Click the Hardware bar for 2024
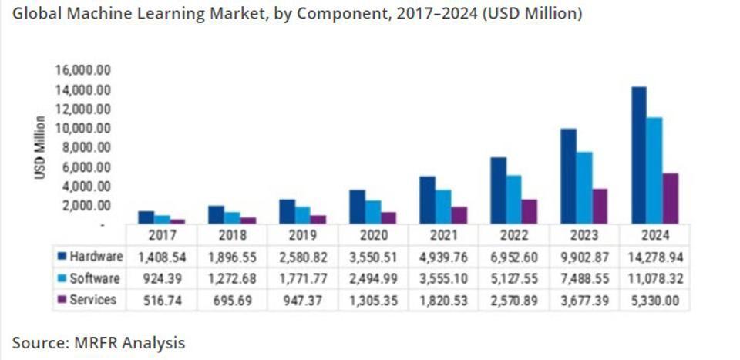tap(639, 154)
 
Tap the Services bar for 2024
tap(671, 198)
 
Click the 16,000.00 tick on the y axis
tap(82, 70)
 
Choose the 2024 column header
tap(654, 235)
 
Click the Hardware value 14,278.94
tap(654, 257)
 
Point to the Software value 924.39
tap(161, 278)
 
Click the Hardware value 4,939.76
tap(442, 257)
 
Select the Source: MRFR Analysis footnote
tap(99, 341)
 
